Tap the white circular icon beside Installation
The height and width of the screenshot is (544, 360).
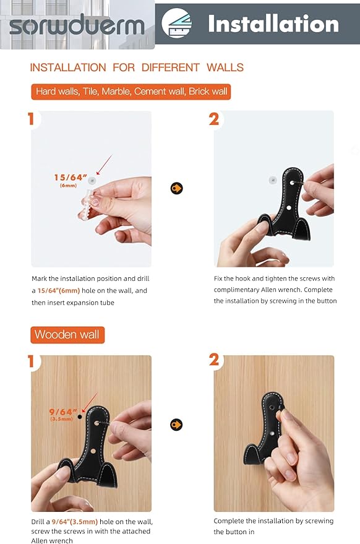pos(176,23)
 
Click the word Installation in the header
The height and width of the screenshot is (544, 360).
pos(273,24)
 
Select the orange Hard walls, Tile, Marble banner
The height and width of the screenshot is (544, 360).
pos(131,92)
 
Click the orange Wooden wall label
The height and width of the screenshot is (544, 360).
pos(67,335)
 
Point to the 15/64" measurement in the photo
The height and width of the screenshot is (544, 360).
pos(71,178)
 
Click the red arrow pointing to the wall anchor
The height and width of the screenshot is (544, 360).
pos(105,165)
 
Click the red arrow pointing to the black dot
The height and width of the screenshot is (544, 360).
pos(90,402)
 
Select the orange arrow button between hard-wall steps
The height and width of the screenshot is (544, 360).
pos(176,188)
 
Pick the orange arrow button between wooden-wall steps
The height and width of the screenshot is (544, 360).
pos(176,425)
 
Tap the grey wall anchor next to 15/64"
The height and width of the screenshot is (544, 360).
pos(92,181)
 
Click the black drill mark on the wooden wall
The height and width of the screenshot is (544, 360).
pos(80,417)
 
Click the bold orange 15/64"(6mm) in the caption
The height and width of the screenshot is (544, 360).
pos(59,291)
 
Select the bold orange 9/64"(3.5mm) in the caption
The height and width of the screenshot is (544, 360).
pos(75,522)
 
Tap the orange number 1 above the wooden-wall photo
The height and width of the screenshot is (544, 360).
pos(31,361)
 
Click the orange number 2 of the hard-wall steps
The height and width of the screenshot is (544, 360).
pos(214,119)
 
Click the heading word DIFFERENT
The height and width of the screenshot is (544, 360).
pos(170,67)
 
